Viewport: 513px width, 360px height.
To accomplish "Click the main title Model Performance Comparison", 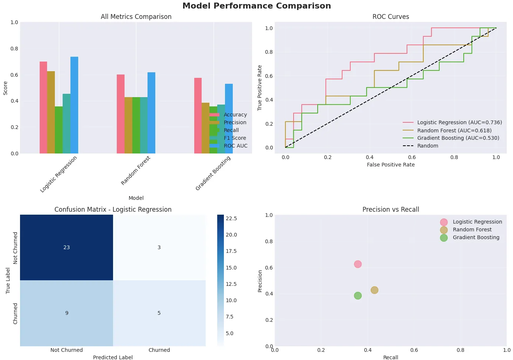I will point(256,6).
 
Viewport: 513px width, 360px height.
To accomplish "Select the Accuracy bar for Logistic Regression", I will point(43,108).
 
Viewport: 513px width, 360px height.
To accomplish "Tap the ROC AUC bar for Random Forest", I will point(151,113).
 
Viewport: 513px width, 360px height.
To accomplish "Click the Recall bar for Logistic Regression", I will point(59,130).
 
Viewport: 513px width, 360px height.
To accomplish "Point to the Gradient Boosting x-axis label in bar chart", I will point(213,173).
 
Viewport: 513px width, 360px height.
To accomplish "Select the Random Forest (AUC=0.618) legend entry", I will point(454,131).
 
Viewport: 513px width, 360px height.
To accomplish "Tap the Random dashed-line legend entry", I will point(427,146).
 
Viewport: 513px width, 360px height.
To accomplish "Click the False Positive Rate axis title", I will point(391,165).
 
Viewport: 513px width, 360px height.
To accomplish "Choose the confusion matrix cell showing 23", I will point(67,247).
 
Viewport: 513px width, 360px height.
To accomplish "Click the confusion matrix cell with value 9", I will point(67,313).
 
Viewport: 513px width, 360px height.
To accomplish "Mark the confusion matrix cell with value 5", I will point(159,313).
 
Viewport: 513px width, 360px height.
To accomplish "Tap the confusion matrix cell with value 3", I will point(159,247).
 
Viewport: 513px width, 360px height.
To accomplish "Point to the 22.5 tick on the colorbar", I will point(231,218).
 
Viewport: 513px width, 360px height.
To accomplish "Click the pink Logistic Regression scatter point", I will point(358,264).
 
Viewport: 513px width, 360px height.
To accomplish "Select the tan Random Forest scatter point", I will point(374,290).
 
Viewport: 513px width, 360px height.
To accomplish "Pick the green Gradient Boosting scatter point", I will point(358,295).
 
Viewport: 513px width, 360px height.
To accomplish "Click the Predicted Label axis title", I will point(113,357).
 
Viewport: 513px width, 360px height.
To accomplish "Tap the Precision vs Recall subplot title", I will point(391,209).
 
